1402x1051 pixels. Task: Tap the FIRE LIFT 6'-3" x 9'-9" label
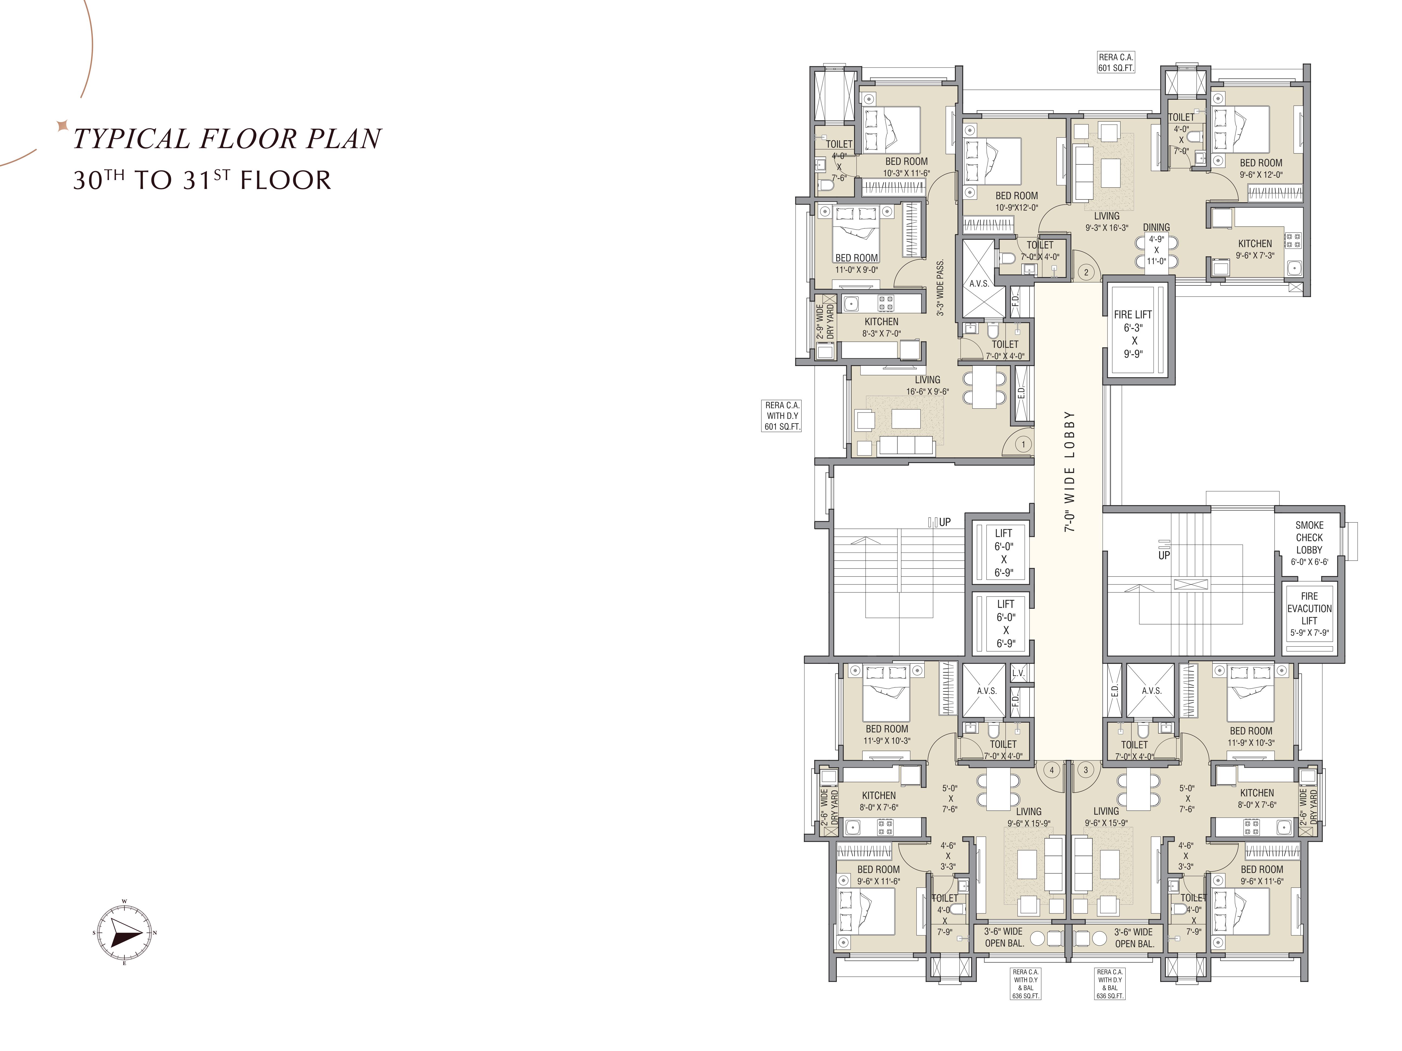click(x=1133, y=334)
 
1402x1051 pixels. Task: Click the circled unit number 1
click(x=1023, y=444)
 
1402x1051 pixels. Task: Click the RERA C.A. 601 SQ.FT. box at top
click(x=1116, y=62)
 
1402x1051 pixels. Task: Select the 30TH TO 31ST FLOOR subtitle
click(x=202, y=180)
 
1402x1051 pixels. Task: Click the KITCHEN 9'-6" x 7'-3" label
click(x=1255, y=249)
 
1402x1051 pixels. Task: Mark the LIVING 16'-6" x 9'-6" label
click(x=927, y=385)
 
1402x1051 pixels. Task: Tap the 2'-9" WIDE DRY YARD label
click(x=825, y=322)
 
